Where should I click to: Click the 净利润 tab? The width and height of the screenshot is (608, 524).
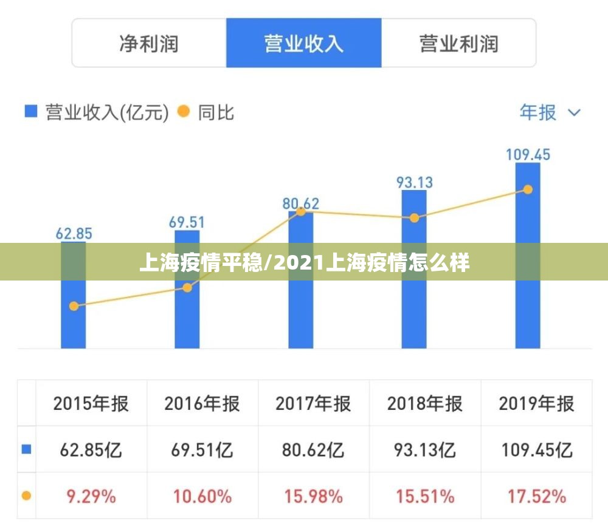pos(149,44)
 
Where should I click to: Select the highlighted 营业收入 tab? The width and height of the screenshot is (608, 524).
pos(303,44)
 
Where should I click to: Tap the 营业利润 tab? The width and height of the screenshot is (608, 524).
pos(458,44)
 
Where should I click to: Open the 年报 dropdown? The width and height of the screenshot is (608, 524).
pos(550,112)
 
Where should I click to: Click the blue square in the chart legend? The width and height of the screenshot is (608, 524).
pos(30,112)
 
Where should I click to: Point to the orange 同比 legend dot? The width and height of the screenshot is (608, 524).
pos(183,112)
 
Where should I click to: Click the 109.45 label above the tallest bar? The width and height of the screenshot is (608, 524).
pos(528,154)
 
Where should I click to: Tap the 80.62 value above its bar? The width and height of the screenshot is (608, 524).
pos(300,203)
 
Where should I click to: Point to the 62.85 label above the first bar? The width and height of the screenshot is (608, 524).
pos(74,233)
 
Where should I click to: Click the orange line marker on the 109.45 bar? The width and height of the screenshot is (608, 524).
pos(528,189)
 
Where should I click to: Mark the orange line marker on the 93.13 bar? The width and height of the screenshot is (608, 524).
pos(414,218)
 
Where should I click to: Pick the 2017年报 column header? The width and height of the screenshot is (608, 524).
pos(313,404)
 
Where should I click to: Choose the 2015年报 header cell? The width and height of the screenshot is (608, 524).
pos(91,404)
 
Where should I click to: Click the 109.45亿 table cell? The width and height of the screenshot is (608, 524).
pos(536,450)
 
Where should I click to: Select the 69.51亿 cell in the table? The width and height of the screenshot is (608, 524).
pos(202,450)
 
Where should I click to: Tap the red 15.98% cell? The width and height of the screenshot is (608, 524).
pos(313,496)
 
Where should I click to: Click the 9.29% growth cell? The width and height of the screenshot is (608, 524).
pos(91,496)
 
